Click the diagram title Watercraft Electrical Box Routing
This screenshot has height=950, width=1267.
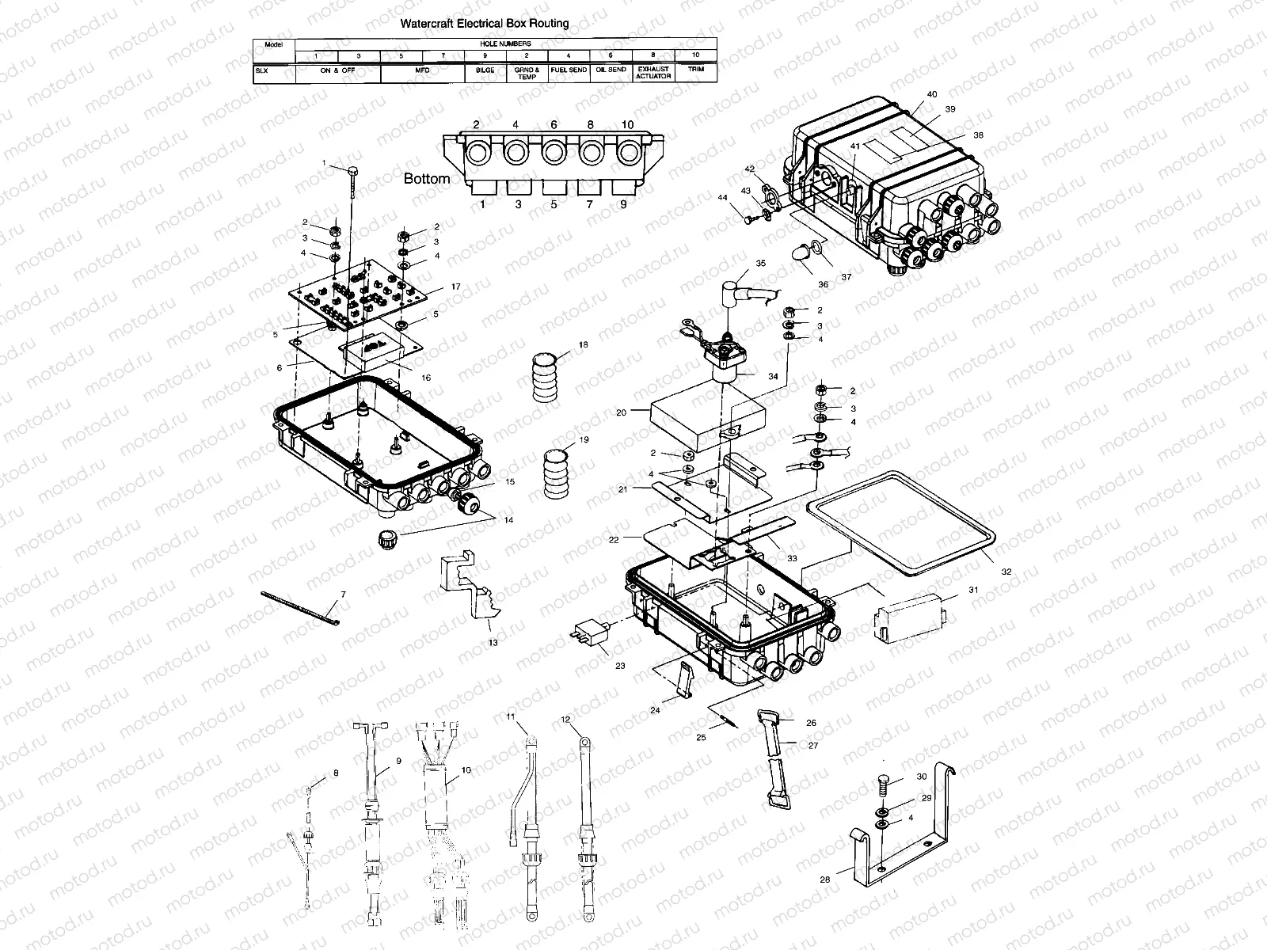coord(485,24)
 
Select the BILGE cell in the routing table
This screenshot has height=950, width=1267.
coord(485,70)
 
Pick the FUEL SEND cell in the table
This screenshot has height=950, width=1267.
coord(569,70)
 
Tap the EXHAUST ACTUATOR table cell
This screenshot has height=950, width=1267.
coord(653,73)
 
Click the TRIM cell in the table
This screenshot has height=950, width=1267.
coord(695,70)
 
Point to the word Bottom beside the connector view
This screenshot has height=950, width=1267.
coord(427,179)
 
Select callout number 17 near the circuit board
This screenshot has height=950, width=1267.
coord(455,287)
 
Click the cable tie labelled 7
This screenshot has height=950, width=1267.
coord(299,608)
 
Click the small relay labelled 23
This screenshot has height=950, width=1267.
coord(590,634)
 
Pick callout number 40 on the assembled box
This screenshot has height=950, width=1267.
coord(931,95)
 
